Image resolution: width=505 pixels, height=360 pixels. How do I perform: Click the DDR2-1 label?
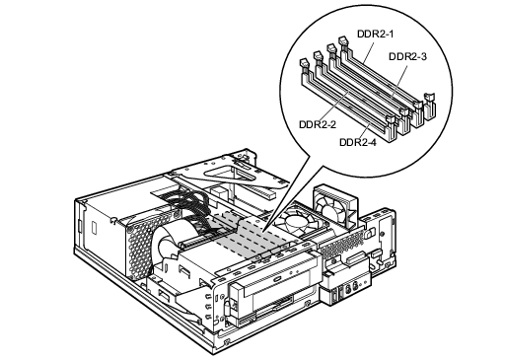pyautogui.click(x=375, y=34)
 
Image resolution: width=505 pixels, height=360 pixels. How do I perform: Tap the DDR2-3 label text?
pyautogui.click(x=407, y=56)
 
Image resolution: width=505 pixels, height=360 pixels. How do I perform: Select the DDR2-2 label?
pyautogui.click(x=318, y=124)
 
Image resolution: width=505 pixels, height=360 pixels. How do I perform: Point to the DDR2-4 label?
pyautogui.click(x=358, y=142)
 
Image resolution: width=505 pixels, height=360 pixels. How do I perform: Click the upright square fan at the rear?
pyautogui.click(x=335, y=207)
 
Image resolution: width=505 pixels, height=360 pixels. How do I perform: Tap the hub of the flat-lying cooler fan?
pyautogui.click(x=293, y=225)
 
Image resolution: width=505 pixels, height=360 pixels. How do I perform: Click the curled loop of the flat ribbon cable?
pyautogui.click(x=171, y=244)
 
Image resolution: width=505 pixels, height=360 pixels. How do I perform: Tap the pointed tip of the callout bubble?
pyautogui.click(x=263, y=233)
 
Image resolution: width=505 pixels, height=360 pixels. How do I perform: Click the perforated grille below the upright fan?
pyautogui.click(x=342, y=244)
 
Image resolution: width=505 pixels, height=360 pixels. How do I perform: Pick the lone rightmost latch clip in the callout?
pyautogui.click(x=430, y=107)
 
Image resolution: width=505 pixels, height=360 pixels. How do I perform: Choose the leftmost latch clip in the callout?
pyautogui.click(x=304, y=65)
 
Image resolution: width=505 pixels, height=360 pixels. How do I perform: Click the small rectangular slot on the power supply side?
pyautogui.click(x=95, y=227)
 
